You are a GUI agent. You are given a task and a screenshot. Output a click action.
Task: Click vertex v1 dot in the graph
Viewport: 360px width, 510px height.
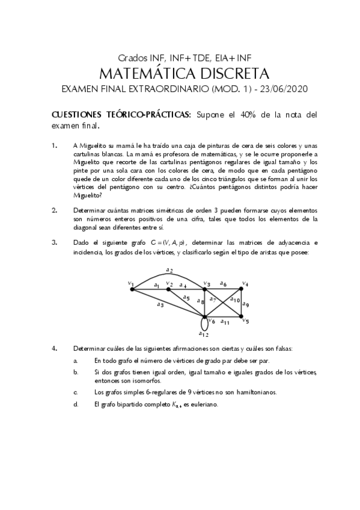tap(132, 289)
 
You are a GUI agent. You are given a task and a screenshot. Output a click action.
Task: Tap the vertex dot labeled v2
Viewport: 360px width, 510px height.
tap(168, 289)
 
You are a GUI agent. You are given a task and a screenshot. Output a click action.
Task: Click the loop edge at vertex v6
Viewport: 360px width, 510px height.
tap(204, 325)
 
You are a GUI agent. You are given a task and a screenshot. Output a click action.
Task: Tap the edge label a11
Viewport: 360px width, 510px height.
tap(225, 323)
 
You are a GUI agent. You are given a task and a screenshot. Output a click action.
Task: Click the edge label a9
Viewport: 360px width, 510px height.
tap(245, 304)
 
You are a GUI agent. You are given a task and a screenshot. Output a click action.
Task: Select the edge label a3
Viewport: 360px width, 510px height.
tap(160, 305)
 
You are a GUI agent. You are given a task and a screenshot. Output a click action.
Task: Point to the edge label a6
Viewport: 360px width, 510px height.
tap(223, 283)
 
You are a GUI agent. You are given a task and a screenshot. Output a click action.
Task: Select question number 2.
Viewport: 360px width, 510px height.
tap(54, 210)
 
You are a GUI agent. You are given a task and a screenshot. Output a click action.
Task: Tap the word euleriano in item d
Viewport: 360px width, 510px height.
tap(207, 405)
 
